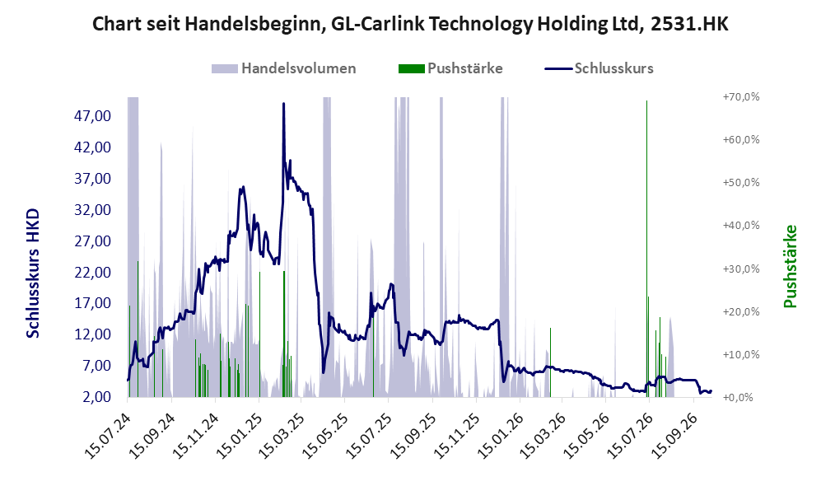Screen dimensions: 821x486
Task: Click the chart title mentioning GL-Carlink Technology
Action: (x=410, y=24)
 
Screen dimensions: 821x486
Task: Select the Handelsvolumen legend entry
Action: (x=284, y=68)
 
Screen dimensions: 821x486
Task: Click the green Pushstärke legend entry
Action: (x=450, y=68)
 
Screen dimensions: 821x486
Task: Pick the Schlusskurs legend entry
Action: (x=599, y=68)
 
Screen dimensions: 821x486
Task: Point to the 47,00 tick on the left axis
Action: (x=93, y=116)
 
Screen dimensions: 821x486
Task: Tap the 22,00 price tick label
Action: (x=93, y=273)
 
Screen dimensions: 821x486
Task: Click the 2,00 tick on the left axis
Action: (x=96, y=397)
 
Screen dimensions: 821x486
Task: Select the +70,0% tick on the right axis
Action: (x=741, y=97)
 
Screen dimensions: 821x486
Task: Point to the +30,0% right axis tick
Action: (x=741, y=269)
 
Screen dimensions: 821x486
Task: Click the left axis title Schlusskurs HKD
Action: (x=32, y=273)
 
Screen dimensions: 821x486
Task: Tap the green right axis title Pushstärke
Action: (x=790, y=266)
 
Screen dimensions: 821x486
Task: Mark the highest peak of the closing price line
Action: (x=284, y=104)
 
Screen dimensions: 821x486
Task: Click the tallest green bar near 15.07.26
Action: (x=646, y=249)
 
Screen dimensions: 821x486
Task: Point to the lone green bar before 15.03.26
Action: (x=550, y=362)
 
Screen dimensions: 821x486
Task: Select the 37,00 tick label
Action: (x=93, y=179)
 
